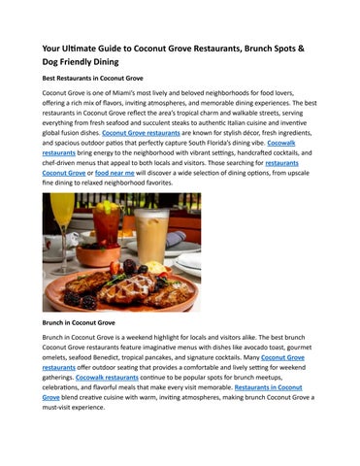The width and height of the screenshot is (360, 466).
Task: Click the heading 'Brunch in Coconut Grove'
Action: pos(81,321)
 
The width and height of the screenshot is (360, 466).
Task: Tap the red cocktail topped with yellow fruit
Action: pos(106,225)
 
